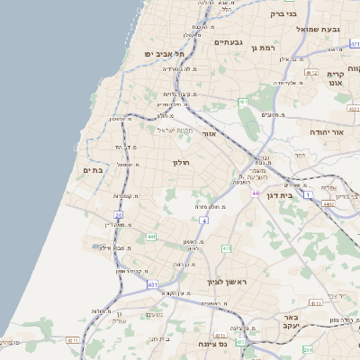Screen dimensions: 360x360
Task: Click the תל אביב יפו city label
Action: pyautogui.click(x=164, y=54)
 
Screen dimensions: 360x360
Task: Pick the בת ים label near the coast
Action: pyautogui.click(x=106, y=167)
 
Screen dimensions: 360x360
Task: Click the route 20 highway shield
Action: pyautogui.click(x=118, y=215)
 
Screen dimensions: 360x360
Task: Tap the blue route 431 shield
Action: pyautogui.click(x=153, y=284)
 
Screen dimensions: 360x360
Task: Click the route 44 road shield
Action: pyautogui.click(x=256, y=193)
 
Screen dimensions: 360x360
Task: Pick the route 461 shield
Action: pyautogui.click(x=243, y=103)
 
